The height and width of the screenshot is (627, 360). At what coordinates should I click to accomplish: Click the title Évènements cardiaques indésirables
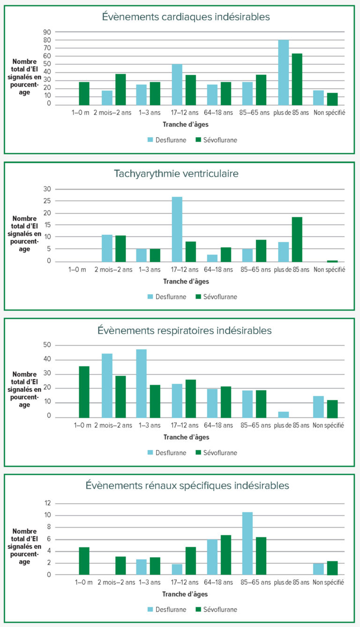(186, 17)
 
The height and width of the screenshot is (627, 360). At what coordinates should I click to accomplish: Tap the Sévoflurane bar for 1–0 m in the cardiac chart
(84, 93)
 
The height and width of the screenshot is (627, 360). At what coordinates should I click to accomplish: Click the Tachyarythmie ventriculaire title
(176, 173)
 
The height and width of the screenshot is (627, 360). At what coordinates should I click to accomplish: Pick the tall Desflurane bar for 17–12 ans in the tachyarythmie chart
(177, 229)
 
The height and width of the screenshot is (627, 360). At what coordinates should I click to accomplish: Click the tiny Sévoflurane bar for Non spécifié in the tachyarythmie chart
(332, 261)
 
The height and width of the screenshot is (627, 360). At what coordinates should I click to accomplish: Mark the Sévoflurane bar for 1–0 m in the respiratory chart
(84, 392)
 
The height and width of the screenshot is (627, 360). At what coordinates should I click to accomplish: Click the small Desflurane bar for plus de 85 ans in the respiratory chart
(283, 414)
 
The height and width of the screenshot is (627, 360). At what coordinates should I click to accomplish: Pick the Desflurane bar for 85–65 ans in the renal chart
(247, 544)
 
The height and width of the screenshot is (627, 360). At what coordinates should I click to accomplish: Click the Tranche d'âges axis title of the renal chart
(186, 594)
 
